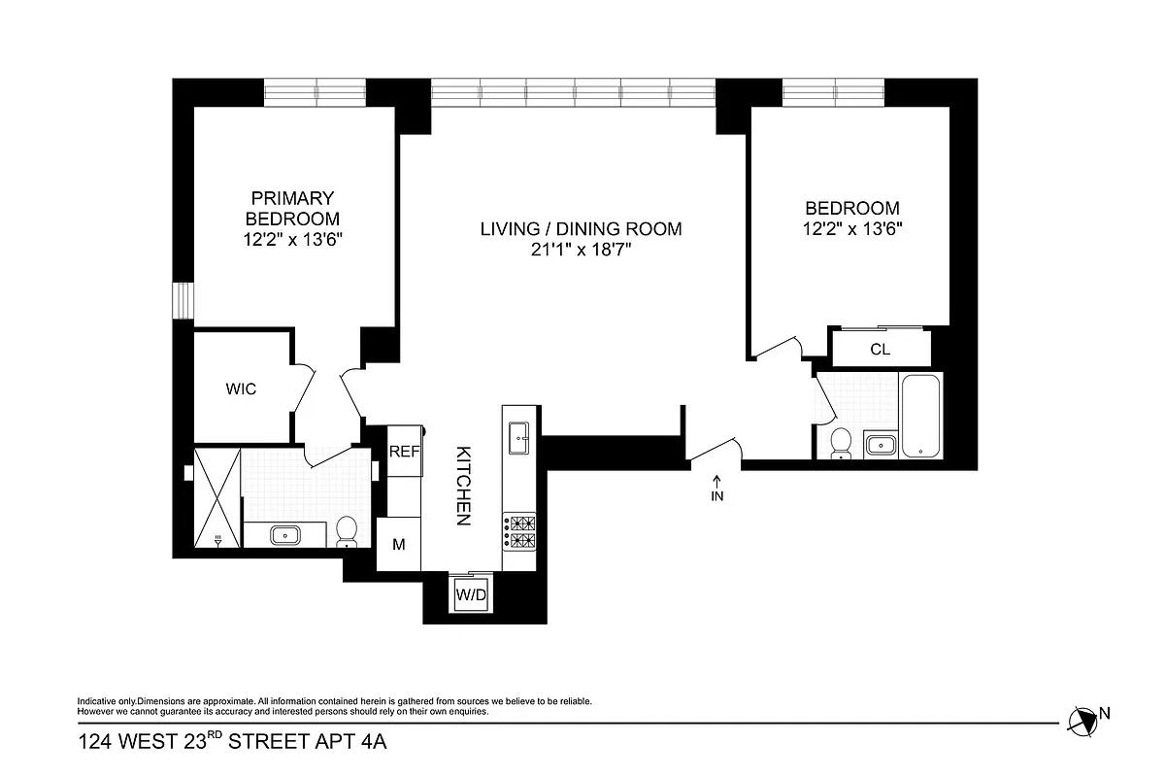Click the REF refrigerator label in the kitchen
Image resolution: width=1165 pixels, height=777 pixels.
click(x=403, y=452)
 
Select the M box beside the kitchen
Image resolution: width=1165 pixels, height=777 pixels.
click(x=398, y=545)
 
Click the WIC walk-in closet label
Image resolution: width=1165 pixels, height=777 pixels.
click(x=241, y=389)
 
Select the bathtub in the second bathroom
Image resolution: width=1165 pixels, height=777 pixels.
click(x=919, y=415)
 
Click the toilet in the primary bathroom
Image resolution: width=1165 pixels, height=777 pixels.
click(x=347, y=531)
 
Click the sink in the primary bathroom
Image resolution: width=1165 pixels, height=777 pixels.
click(x=286, y=534)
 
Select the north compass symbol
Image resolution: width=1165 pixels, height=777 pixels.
click(x=1082, y=720)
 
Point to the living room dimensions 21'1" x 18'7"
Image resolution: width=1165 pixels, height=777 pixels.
click(x=581, y=250)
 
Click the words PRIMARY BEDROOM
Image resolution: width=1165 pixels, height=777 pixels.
click(x=292, y=208)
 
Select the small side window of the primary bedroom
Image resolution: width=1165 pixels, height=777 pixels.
click(x=180, y=300)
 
